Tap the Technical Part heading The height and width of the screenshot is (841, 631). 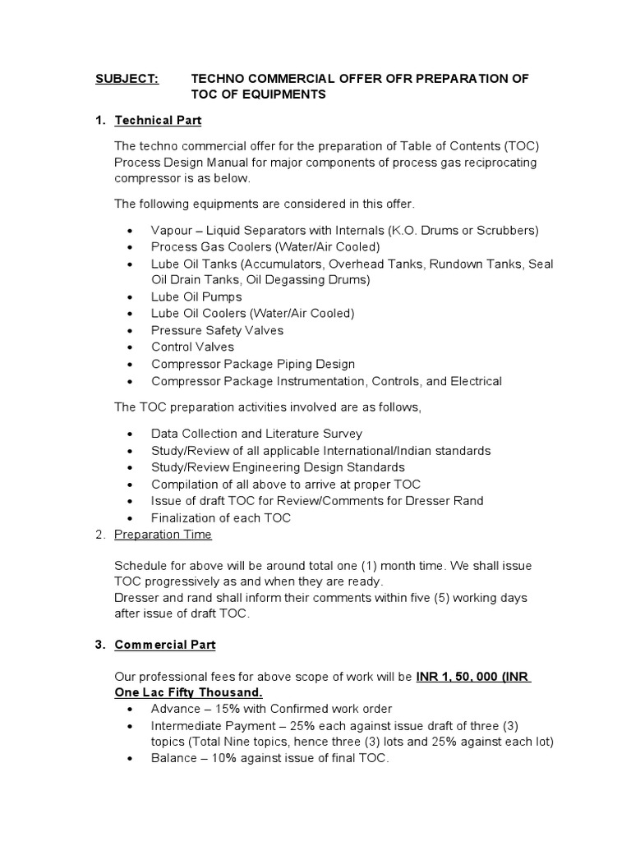click(158, 121)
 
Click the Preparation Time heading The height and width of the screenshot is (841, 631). click(163, 535)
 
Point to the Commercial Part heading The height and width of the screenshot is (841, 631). click(164, 645)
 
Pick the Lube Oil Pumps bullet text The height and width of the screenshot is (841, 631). click(196, 296)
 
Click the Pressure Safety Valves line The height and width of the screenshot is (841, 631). click(217, 330)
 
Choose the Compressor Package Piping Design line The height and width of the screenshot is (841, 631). click(253, 364)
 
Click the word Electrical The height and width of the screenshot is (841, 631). click(471, 381)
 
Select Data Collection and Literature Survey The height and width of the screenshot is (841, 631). click(256, 433)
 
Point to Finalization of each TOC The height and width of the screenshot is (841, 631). click(221, 518)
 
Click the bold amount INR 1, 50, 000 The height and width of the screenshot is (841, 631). click(461, 678)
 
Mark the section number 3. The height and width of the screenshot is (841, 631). click(99, 645)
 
